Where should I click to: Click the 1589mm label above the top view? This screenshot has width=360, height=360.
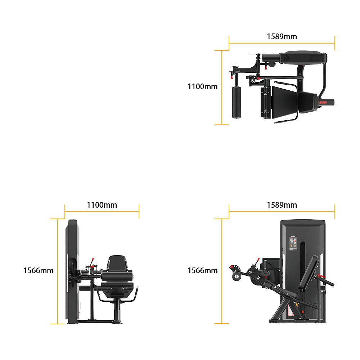[x=282, y=36]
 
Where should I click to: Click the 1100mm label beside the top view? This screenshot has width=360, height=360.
[x=202, y=87]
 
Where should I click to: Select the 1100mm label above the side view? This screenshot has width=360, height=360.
[x=102, y=205]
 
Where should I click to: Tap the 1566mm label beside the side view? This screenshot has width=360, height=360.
[x=38, y=270]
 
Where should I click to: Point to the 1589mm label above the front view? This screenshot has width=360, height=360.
[x=282, y=205]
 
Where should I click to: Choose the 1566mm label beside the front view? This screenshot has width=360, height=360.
[x=202, y=270]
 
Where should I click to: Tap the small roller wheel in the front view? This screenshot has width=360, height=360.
[x=237, y=276]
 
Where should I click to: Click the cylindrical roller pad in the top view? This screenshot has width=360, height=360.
[x=236, y=102]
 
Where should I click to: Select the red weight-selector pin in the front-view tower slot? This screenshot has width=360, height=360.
[x=303, y=311]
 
